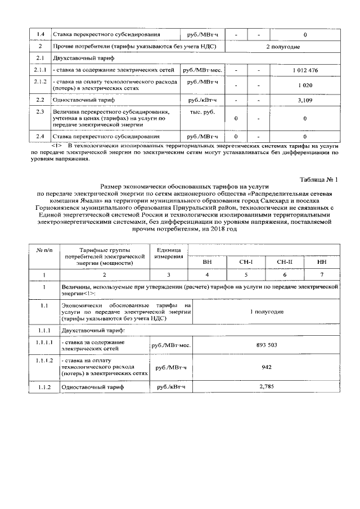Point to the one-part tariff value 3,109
click(305, 100)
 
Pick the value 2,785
click(266, 387)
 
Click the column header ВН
click(207, 262)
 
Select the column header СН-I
click(246, 262)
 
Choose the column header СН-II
click(285, 262)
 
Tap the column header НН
click(322, 262)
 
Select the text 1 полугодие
click(266, 310)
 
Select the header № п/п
click(44, 249)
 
